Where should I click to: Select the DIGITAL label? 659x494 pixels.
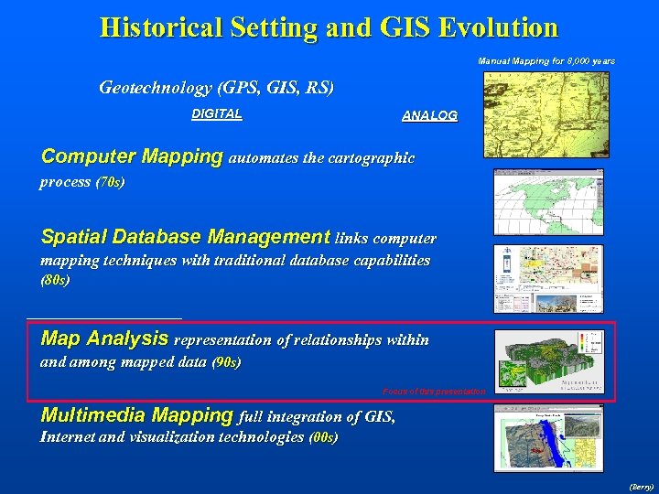coord(217,114)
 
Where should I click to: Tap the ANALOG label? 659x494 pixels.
coord(429,116)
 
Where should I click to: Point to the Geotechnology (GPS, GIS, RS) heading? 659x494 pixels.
coord(217,89)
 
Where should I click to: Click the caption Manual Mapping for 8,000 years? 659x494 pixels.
coord(546,61)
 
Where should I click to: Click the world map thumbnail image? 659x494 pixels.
coord(548,201)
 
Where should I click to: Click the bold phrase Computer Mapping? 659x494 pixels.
coord(132,156)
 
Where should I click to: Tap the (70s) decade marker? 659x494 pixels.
coord(110,182)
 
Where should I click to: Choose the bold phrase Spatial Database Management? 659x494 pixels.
coord(185,237)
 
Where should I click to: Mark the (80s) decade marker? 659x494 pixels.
coord(55,281)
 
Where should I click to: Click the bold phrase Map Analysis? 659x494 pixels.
coord(104,338)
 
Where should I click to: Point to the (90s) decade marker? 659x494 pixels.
coord(225,363)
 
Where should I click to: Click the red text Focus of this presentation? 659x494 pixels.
coord(433,392)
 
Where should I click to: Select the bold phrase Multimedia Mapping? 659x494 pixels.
coord(137,415)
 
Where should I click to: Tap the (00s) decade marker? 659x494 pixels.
coord(324,437)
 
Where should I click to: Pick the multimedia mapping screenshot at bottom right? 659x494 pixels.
coord(548,438)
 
